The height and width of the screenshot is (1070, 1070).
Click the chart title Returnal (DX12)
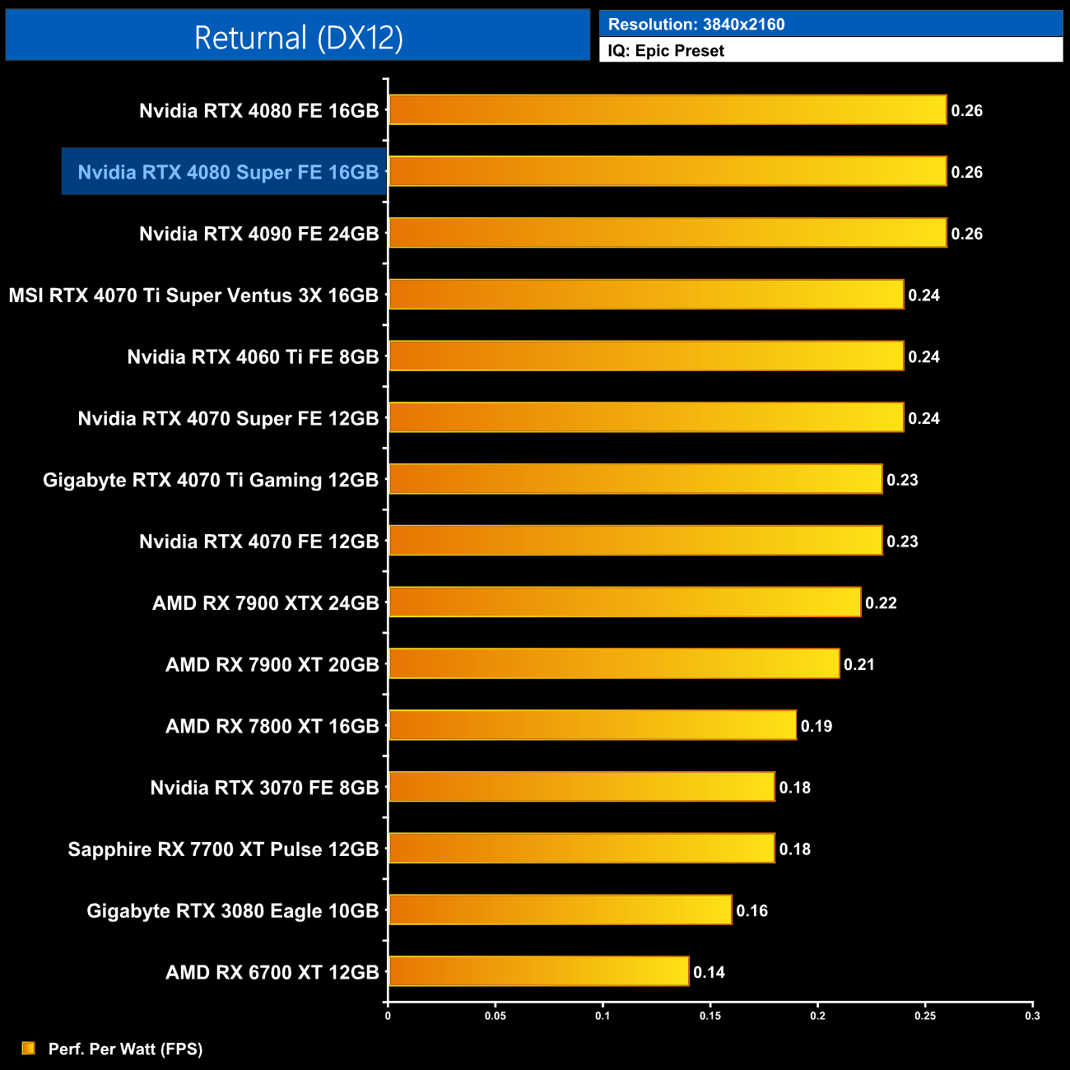pyautogui.click(x=298, y=38)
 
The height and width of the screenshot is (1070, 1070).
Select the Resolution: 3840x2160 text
pyautogui.click(x=696, y=24)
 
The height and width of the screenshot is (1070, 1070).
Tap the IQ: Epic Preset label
pyautogui.click(x=666, y=51)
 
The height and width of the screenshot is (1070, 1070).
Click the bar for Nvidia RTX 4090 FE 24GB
pyautogui.click(x=667, y=233)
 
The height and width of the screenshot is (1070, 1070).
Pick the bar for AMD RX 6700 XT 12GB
pyautogui.click(x=538, y=971)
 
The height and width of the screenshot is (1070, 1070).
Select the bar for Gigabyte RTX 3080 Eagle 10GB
pyautogui.click(x=560, y=909)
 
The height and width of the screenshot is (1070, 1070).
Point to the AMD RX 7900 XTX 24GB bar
pyautogui.click(x=624, y=602)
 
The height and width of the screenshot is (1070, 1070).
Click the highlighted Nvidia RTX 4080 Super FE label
pyautogui.click(x=228, y=172)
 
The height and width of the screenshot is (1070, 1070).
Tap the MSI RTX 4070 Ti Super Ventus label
pyautogui.click(x=193, y=295)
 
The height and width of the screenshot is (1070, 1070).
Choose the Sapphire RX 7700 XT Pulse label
pyautogui.click(x=223, y=849)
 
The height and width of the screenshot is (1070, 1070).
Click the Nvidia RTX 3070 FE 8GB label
pyautogui.click(x=264, y=788)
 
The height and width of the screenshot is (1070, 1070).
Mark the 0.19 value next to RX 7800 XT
pyautogui.click(x=816, y=726)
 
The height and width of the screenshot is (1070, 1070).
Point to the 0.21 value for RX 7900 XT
pyautogui.click(x=859, y=664)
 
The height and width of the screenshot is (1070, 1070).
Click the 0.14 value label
pyautogui.click(x=709, y=972)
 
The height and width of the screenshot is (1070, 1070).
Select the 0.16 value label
pyautogui.click(x=751, y=910)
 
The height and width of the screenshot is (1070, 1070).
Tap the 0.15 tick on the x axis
pyautogui.click(x=710, y=1016)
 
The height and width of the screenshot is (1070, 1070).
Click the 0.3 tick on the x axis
pyautogui.click(x=1032, y=1016)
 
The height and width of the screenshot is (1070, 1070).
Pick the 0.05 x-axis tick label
pyautogui.click(x=495, y=1016)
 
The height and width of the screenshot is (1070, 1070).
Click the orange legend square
pyautogui.click(x=29, y=1048)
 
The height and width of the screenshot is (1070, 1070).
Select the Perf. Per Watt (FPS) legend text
pyautogui.click(x=125, y=1049)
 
